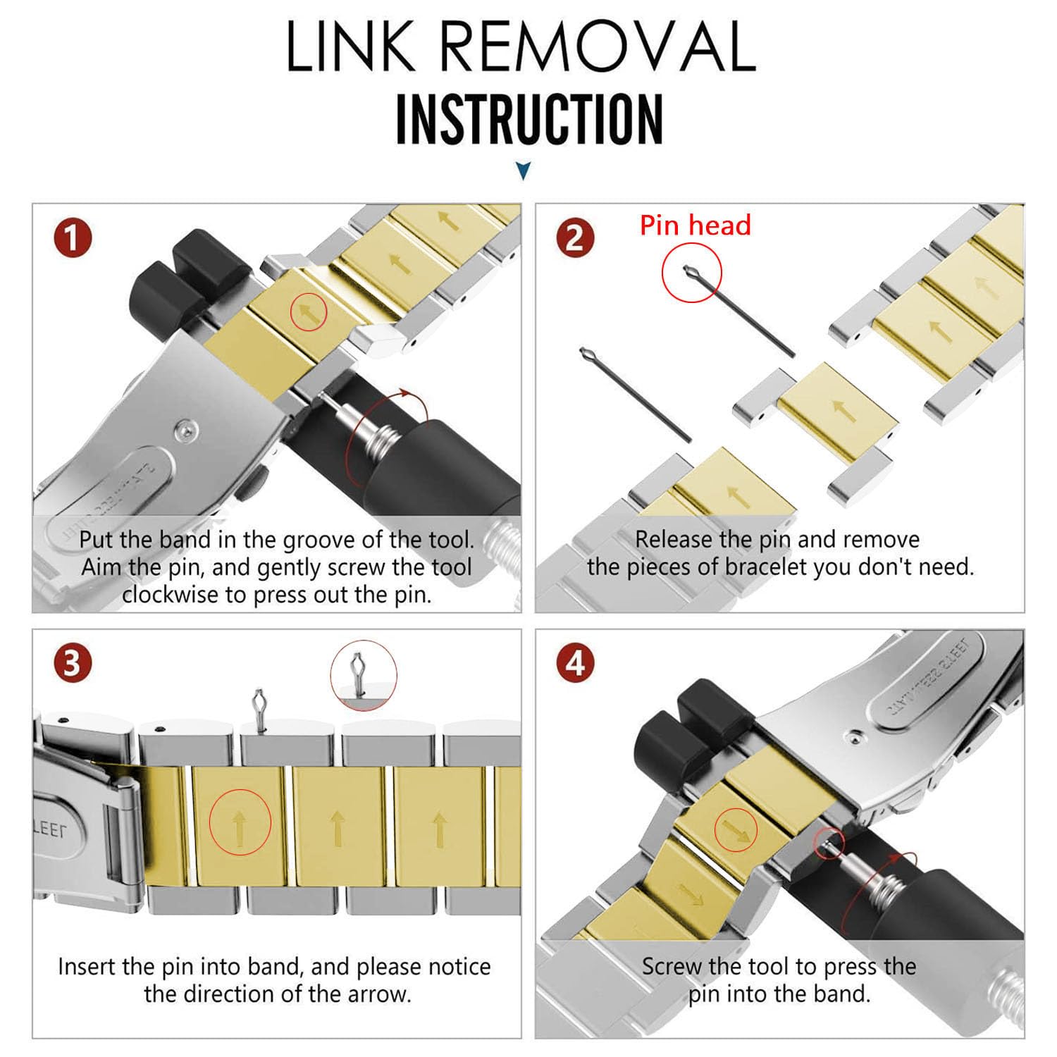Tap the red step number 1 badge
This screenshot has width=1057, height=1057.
click(73, 237)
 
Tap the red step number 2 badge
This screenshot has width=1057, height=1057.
click(575, 237)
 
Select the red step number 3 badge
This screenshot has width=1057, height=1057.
click(73, 664)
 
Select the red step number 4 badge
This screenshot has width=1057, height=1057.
click(575, 664)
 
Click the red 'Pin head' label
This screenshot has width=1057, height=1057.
click(695, 225)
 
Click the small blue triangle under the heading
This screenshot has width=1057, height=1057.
click(523, 171)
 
